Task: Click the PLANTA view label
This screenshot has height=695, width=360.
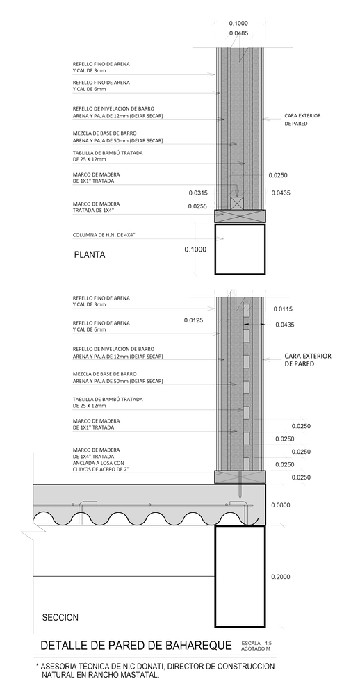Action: (x=89, y=254)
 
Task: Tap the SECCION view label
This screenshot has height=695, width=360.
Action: (x=60, y=617)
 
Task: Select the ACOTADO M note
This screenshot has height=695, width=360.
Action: (x=256, y=651)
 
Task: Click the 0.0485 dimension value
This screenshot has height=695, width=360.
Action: (x=238, y=33)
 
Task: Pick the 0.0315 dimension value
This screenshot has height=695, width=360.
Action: (x=199, y=193)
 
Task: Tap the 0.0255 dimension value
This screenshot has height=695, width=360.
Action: (x=198, y=206)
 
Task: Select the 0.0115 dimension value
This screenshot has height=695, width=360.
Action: (x=284, y=309)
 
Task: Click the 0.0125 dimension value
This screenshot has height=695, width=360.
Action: (x=193, y=320)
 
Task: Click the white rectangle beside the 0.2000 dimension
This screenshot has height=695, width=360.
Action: (x=239, y=575)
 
